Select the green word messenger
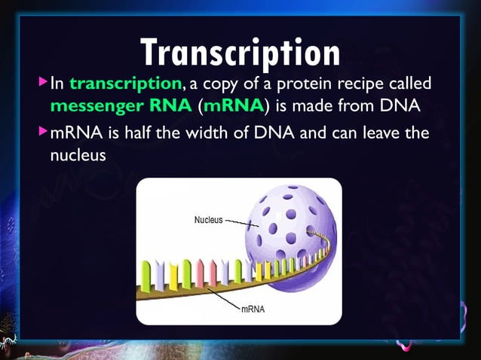coord(94,104)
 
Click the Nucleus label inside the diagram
coord(208,220)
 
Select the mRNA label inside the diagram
coord(252,309)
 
